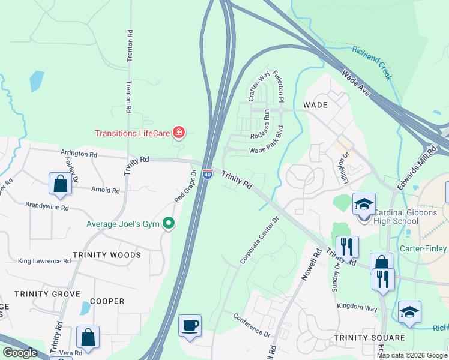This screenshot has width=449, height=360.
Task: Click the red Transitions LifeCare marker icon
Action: [178, 132]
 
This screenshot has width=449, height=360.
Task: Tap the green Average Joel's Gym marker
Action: [169, 223]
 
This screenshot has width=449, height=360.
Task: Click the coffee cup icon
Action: [190, 326]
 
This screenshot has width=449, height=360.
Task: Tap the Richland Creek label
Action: [372, 62]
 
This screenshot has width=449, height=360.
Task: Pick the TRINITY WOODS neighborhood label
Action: [107, 255]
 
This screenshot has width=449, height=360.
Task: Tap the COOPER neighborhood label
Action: [107, 301]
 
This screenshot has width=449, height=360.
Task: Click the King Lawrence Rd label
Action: [44, 261]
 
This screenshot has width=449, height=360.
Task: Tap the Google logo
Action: [20, 353]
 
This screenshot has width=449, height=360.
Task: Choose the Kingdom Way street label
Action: [357, 307]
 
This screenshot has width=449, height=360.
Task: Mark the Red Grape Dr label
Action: [185, 186]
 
